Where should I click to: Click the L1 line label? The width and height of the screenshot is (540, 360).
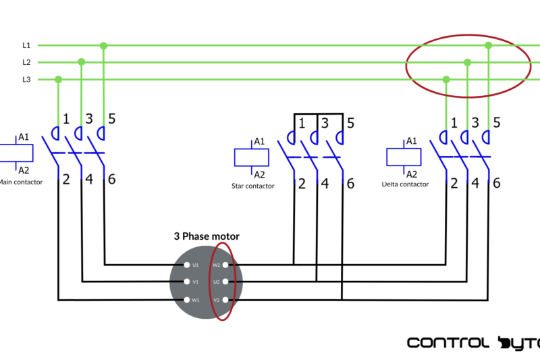coord(26,45)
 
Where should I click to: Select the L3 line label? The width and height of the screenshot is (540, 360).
coord(26,80)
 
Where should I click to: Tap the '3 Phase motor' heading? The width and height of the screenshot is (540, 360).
coord(207,236)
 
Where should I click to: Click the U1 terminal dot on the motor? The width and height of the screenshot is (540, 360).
coord(187,265)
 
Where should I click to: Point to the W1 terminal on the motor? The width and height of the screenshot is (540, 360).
coord(187,299)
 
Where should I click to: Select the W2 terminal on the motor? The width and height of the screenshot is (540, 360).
coord(225,265)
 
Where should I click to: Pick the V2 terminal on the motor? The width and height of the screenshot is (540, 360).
coord(225,299)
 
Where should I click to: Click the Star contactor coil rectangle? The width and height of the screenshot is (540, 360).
coord(252,157)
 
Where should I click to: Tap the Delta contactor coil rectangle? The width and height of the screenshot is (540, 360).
coord(404,157)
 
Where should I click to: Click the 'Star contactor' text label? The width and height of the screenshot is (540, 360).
coord(252,186)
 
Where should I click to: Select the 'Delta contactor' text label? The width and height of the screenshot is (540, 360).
coord(405,184)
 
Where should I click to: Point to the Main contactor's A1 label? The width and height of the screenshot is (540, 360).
coord(24,137)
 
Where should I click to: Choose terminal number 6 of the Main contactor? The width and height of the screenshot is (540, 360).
coord(111,179)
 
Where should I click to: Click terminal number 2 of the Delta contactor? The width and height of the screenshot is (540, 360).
coord(454,182)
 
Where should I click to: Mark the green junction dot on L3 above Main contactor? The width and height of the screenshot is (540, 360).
coord(58,80)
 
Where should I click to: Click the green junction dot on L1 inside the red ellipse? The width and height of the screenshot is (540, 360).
coord(488,45)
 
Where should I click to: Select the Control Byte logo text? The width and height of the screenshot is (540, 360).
coord(473,342)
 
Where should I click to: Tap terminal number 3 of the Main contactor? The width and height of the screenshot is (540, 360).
coord(88,120)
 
